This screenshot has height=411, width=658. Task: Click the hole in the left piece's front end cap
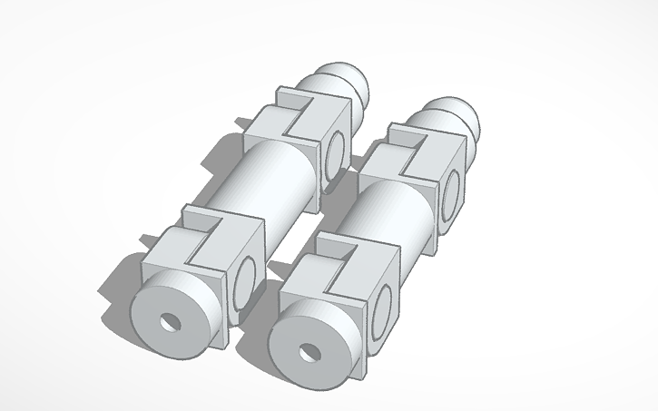[x=168, y=322]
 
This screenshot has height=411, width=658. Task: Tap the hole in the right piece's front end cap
[x=304, y=350]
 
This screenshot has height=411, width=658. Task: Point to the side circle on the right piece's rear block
[x=450, y=194]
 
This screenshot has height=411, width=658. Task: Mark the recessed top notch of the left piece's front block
[x=204, y=238]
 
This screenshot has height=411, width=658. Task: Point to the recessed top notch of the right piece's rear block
[x=410, y=148]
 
